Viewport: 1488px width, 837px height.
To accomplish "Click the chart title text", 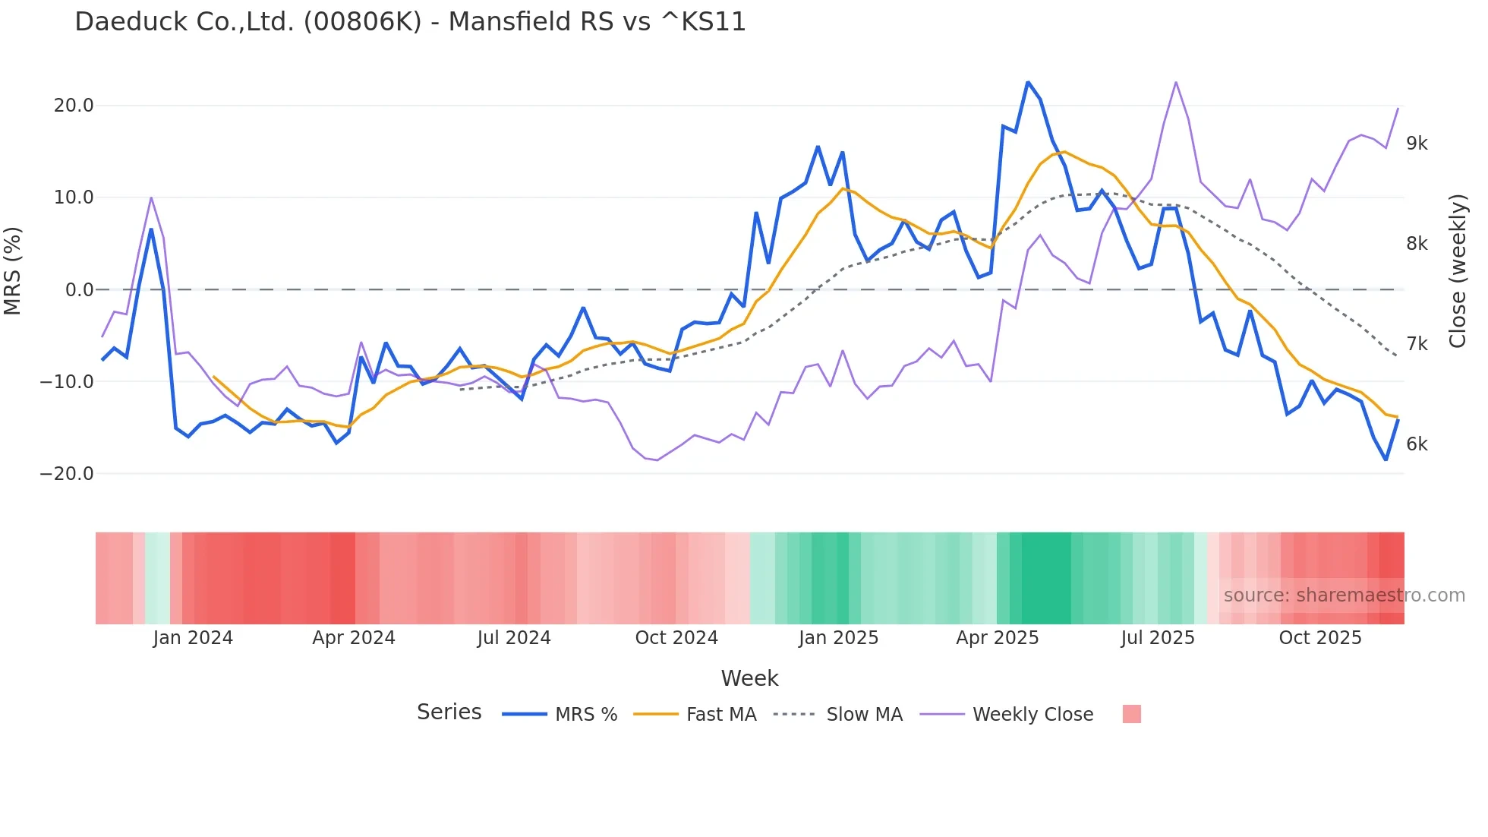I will [x=410, y=22].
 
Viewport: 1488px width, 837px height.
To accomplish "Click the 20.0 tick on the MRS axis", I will [x=74, y=106].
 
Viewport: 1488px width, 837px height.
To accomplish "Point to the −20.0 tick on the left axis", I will [x=67, y=474].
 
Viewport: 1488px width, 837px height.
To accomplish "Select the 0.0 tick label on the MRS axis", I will [x=79, y=290].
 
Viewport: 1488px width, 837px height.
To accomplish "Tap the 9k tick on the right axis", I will [x=1417, y=144].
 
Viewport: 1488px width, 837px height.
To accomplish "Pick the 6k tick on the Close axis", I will [x=1417, y=444].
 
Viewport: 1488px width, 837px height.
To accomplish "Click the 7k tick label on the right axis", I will [x=1417, y=344].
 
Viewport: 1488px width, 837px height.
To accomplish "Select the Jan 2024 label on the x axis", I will [x=193, y=638].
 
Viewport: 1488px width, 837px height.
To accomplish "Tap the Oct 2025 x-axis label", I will [x=1320, y=638].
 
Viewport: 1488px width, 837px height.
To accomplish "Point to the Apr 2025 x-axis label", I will [x=997, y=638].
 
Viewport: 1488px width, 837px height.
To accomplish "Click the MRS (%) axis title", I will [x=13, y=271].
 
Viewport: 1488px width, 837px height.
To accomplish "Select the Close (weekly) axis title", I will [x=1458, y=271].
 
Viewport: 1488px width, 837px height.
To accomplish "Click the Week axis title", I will [x=749, y=678].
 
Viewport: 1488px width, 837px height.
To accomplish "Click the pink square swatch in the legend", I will [x=1131, y=714].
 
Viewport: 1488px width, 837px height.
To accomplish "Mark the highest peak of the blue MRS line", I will [x=1028, y=82].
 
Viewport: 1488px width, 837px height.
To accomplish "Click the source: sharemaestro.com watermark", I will [x=1344, y=595].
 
